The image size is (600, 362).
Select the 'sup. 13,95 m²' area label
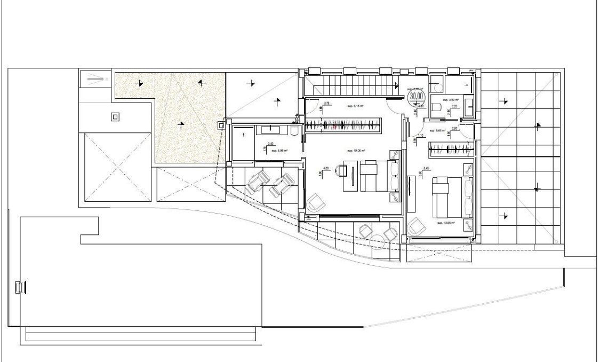coord(445,223)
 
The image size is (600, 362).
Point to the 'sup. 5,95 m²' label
coord(279,151)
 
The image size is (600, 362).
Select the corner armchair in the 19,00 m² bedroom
coord(315,202)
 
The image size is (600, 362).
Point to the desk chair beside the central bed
coord(341,170)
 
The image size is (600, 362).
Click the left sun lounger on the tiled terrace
coord(258,182)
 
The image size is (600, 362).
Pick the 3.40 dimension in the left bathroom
coord(271,144)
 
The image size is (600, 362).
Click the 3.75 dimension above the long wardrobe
coord(327,103)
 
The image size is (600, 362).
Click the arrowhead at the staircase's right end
coord(397,84)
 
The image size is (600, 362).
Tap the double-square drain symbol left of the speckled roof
coord(114,116)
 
